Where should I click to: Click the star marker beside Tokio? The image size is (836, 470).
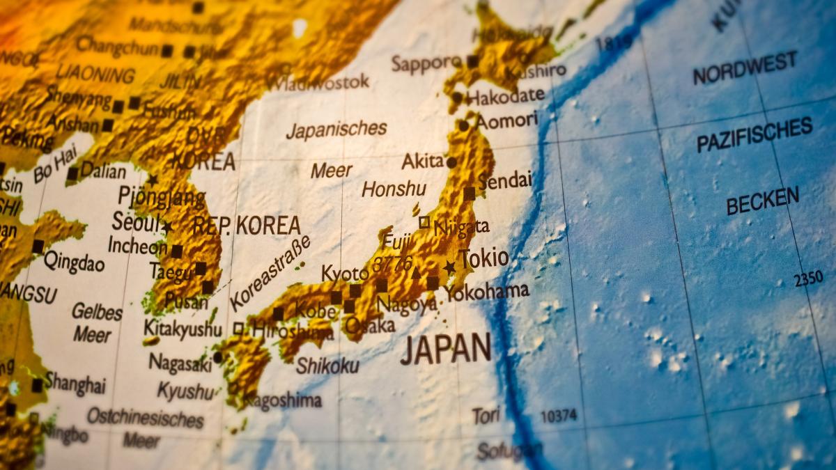click(449, 267)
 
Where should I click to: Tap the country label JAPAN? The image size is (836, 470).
click(446, 348)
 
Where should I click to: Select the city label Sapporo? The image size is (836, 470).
click(426, 63)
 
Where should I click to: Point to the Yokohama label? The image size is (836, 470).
click(487, 291)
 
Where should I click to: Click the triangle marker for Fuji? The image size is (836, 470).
click(416, 273)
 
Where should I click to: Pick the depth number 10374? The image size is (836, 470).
click(559, 416)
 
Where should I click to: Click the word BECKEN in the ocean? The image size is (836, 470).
click(762, 201)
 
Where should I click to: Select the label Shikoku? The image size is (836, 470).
click(327, 366)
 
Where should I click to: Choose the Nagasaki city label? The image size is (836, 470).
click(180, 363)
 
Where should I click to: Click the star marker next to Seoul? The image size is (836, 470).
click(167, 226)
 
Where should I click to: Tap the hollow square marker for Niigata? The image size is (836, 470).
click(424, 222)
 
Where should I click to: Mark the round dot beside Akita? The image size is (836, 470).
click(451, 162)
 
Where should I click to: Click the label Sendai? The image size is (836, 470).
click(504, 181)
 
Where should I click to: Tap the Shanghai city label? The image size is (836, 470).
click(75, 383)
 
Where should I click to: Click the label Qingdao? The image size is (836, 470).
click(74, 263)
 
